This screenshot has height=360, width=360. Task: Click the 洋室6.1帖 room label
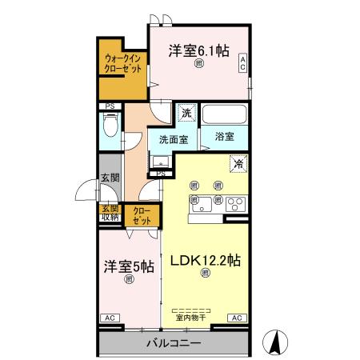pyautogui.click(x=198, y=50)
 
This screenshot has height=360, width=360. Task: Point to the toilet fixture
pyautogui.click(x=110, y=125)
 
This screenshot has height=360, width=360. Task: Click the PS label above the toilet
pyautogui.click(x=109, y=105)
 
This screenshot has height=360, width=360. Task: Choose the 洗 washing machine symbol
pyautogui.click(x=186, y=114)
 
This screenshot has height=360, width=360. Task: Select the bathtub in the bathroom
pyautogui.click(x=225, y=114)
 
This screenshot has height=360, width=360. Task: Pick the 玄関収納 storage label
pyautogui.click(x=109, y=213)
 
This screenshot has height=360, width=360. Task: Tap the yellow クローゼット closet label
pyautogui.click(x=142, y=216)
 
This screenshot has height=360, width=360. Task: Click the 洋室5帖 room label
pyautogui.click(x=127, y=266)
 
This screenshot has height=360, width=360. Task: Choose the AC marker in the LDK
pyautogui.click(x=237, y=318)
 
